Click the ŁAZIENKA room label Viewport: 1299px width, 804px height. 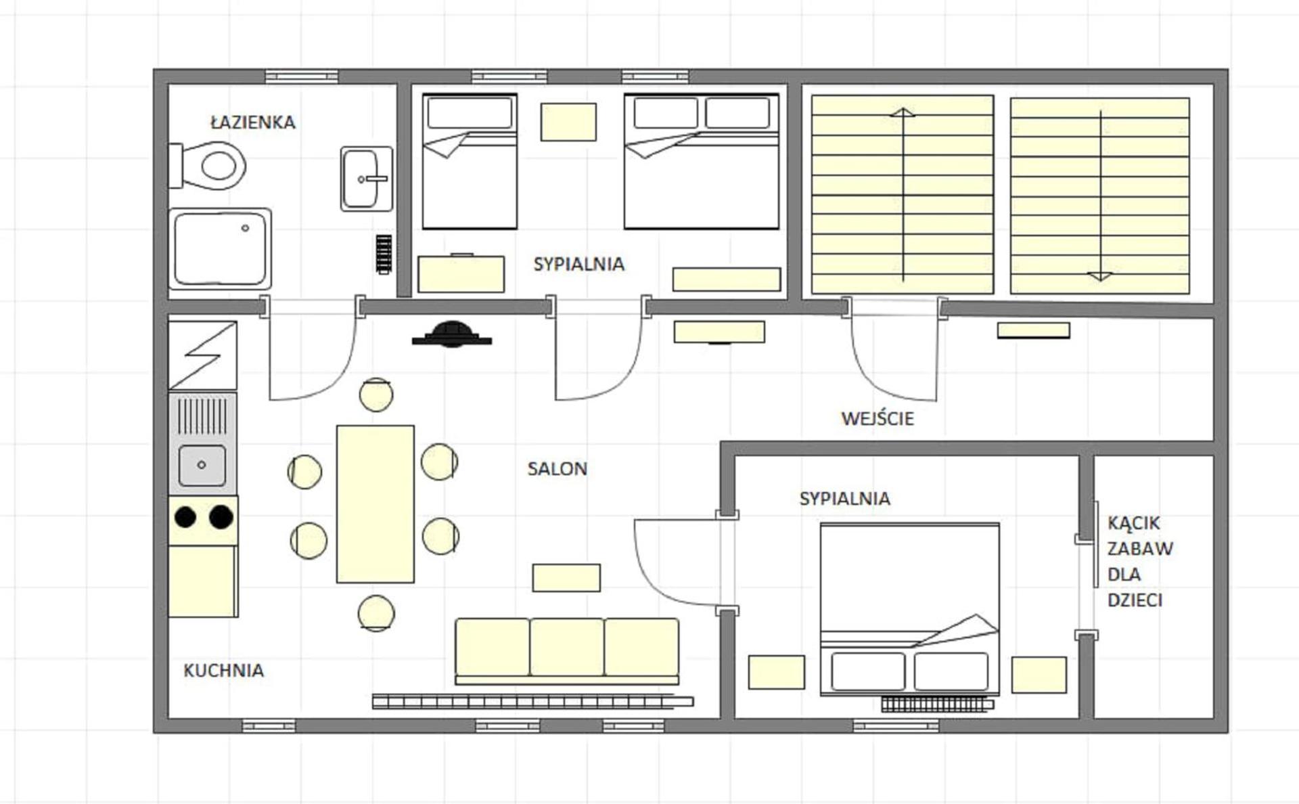[253, 122]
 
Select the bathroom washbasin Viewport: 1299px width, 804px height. [367, 179]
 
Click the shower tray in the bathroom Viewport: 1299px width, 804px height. [220, 249]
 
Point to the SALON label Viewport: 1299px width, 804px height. [557, 469]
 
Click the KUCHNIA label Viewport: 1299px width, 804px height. [223, 670]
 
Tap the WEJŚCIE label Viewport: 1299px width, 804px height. [878, 418]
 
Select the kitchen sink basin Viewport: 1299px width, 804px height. [202, 465]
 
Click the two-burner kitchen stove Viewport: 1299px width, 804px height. [203, 520]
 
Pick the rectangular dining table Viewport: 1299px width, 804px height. [375, 504]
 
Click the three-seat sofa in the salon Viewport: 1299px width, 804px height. [567, 651]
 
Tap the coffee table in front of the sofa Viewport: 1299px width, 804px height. [566, 578]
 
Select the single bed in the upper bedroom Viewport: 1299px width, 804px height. [470, 161]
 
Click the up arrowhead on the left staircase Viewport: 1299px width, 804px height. [903, 112]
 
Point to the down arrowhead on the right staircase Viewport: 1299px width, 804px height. [1100, 275]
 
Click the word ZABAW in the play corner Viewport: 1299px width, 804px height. [1140, 549]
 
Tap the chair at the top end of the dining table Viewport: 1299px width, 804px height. [376, 395]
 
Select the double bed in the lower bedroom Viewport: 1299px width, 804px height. [910, 609]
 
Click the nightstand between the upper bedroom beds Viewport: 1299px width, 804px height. [568, 122]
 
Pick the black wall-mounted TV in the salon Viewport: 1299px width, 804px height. [452, 334]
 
